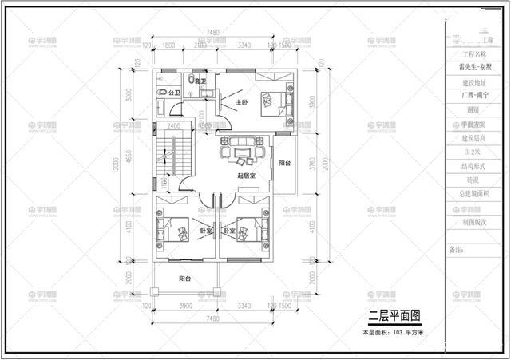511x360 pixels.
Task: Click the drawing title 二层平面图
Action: coord(393,316)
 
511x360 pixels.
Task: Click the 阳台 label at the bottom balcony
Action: coord(184,279)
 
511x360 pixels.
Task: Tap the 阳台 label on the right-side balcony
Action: coord(284,163)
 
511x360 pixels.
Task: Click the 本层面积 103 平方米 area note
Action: coord(392,330)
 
